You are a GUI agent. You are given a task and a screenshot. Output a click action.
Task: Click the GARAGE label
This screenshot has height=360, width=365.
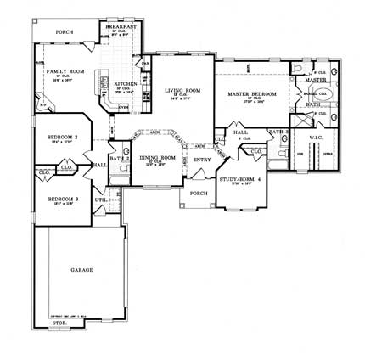click(x=82, y=270)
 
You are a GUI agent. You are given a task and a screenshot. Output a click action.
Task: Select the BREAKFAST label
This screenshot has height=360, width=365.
click(x=121, y=27)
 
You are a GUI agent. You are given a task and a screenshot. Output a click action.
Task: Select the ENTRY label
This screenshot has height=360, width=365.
click(x=202, y=159)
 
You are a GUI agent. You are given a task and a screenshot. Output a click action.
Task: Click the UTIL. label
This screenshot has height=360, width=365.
click(x=100, y=200)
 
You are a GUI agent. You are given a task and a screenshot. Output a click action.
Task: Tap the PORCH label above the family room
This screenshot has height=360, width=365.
click(x=64, y=32)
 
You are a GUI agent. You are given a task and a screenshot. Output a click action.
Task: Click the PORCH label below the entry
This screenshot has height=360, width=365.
click(x=199, y=193)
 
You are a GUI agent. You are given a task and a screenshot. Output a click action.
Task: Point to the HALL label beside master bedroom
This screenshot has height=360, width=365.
click(x=240, y=132)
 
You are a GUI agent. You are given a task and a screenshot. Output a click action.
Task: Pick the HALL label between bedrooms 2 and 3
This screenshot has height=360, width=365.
click(x=98, y=165)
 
